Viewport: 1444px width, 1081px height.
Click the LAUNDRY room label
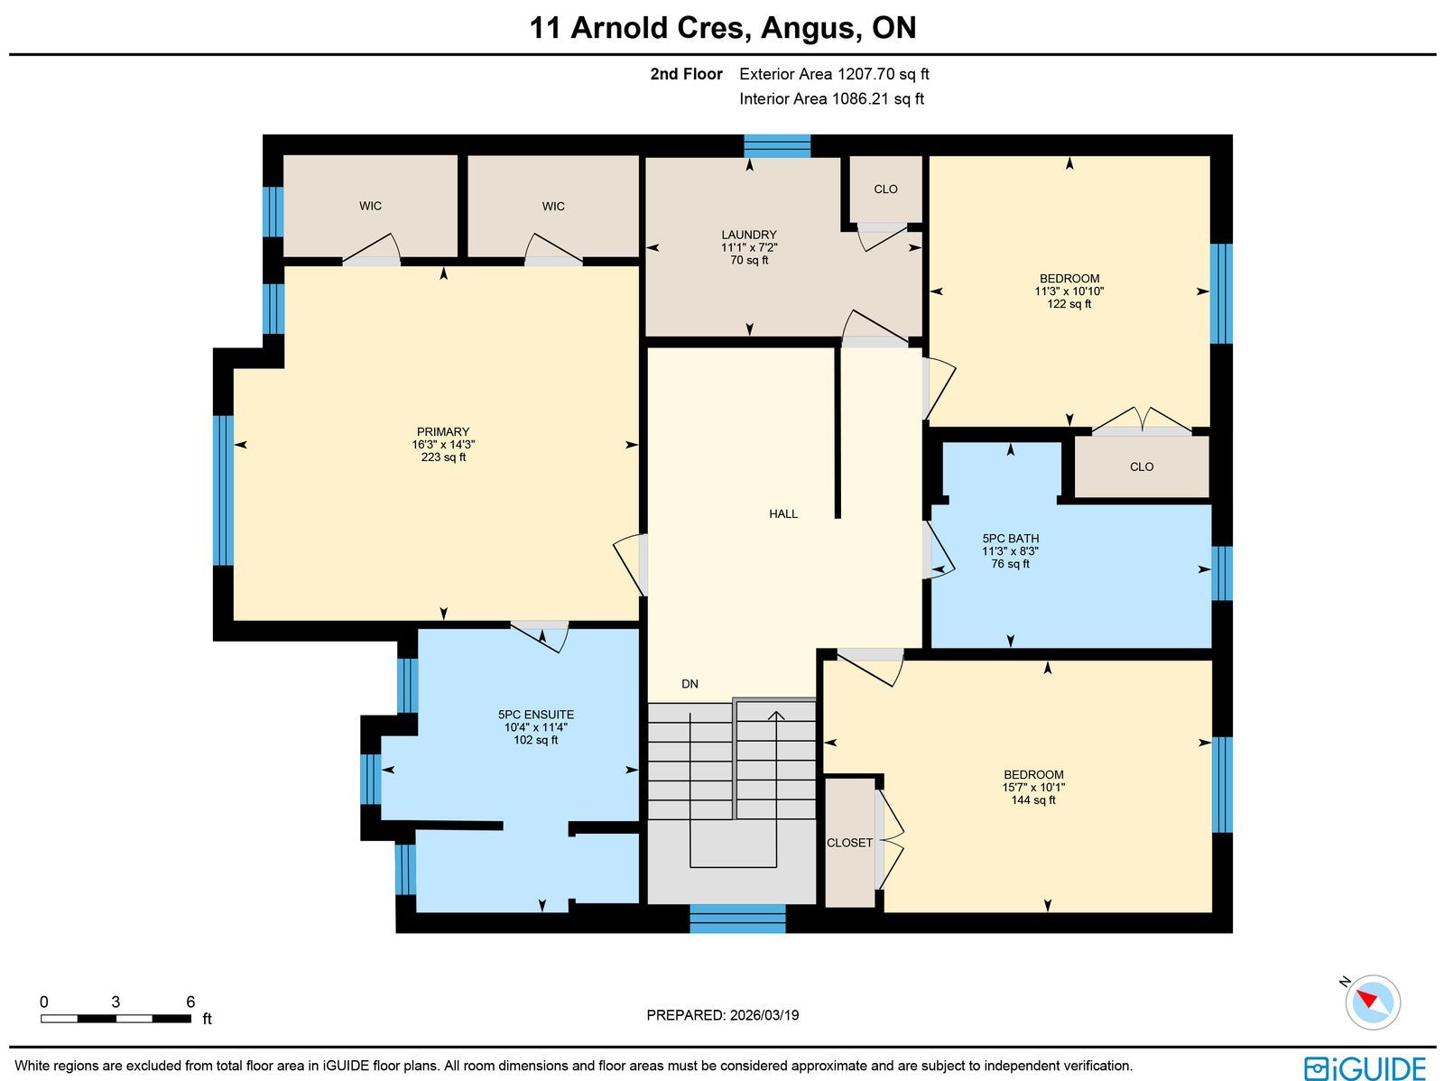pyautogui.click(x=749, y=235)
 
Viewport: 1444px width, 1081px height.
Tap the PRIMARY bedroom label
pyautogui.click(x=443, y=432)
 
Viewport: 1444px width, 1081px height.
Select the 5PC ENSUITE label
pyautogui.click(x=535, y=715)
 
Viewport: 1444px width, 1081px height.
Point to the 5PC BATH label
pyautogui.click(x=1011, y=539)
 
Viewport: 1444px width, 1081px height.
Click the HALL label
pyautogui.click(x=782, y=514)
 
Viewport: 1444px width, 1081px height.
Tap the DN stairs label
pyautogui.click(x=690, y=684)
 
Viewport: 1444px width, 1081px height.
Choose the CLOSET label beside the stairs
pyautogui.click(x=849, y=843)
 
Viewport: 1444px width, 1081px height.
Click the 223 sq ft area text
pyautogui.click(x=443, y=457)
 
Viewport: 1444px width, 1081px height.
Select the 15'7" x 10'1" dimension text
pyautogui.click(x=1033, y=788)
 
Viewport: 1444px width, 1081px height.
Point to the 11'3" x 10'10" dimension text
pyautogui.click(x=1069, y=291)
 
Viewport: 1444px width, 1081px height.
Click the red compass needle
pyautogui.click(x=1367, y=1000)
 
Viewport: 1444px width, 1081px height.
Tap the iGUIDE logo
pyautogui.click(x=1365, y=1067)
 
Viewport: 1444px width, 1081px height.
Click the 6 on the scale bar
pyautogui.click(x=190, y=1002)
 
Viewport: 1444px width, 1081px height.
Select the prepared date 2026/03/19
pyautogui.click(x=764, y=1015)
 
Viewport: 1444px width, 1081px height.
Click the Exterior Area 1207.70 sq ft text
pyautogui.click(x=834, y=74)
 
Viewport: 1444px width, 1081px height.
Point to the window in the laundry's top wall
pyautogui.click(x=777, y=146)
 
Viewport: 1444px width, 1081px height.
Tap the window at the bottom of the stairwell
pyautogui.click(x=737, y=919)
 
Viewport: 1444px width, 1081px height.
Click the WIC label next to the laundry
pyautogui.click(x=553, y=207)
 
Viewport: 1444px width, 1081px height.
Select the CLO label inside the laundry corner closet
pyautogui.click(x=885, y=189)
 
